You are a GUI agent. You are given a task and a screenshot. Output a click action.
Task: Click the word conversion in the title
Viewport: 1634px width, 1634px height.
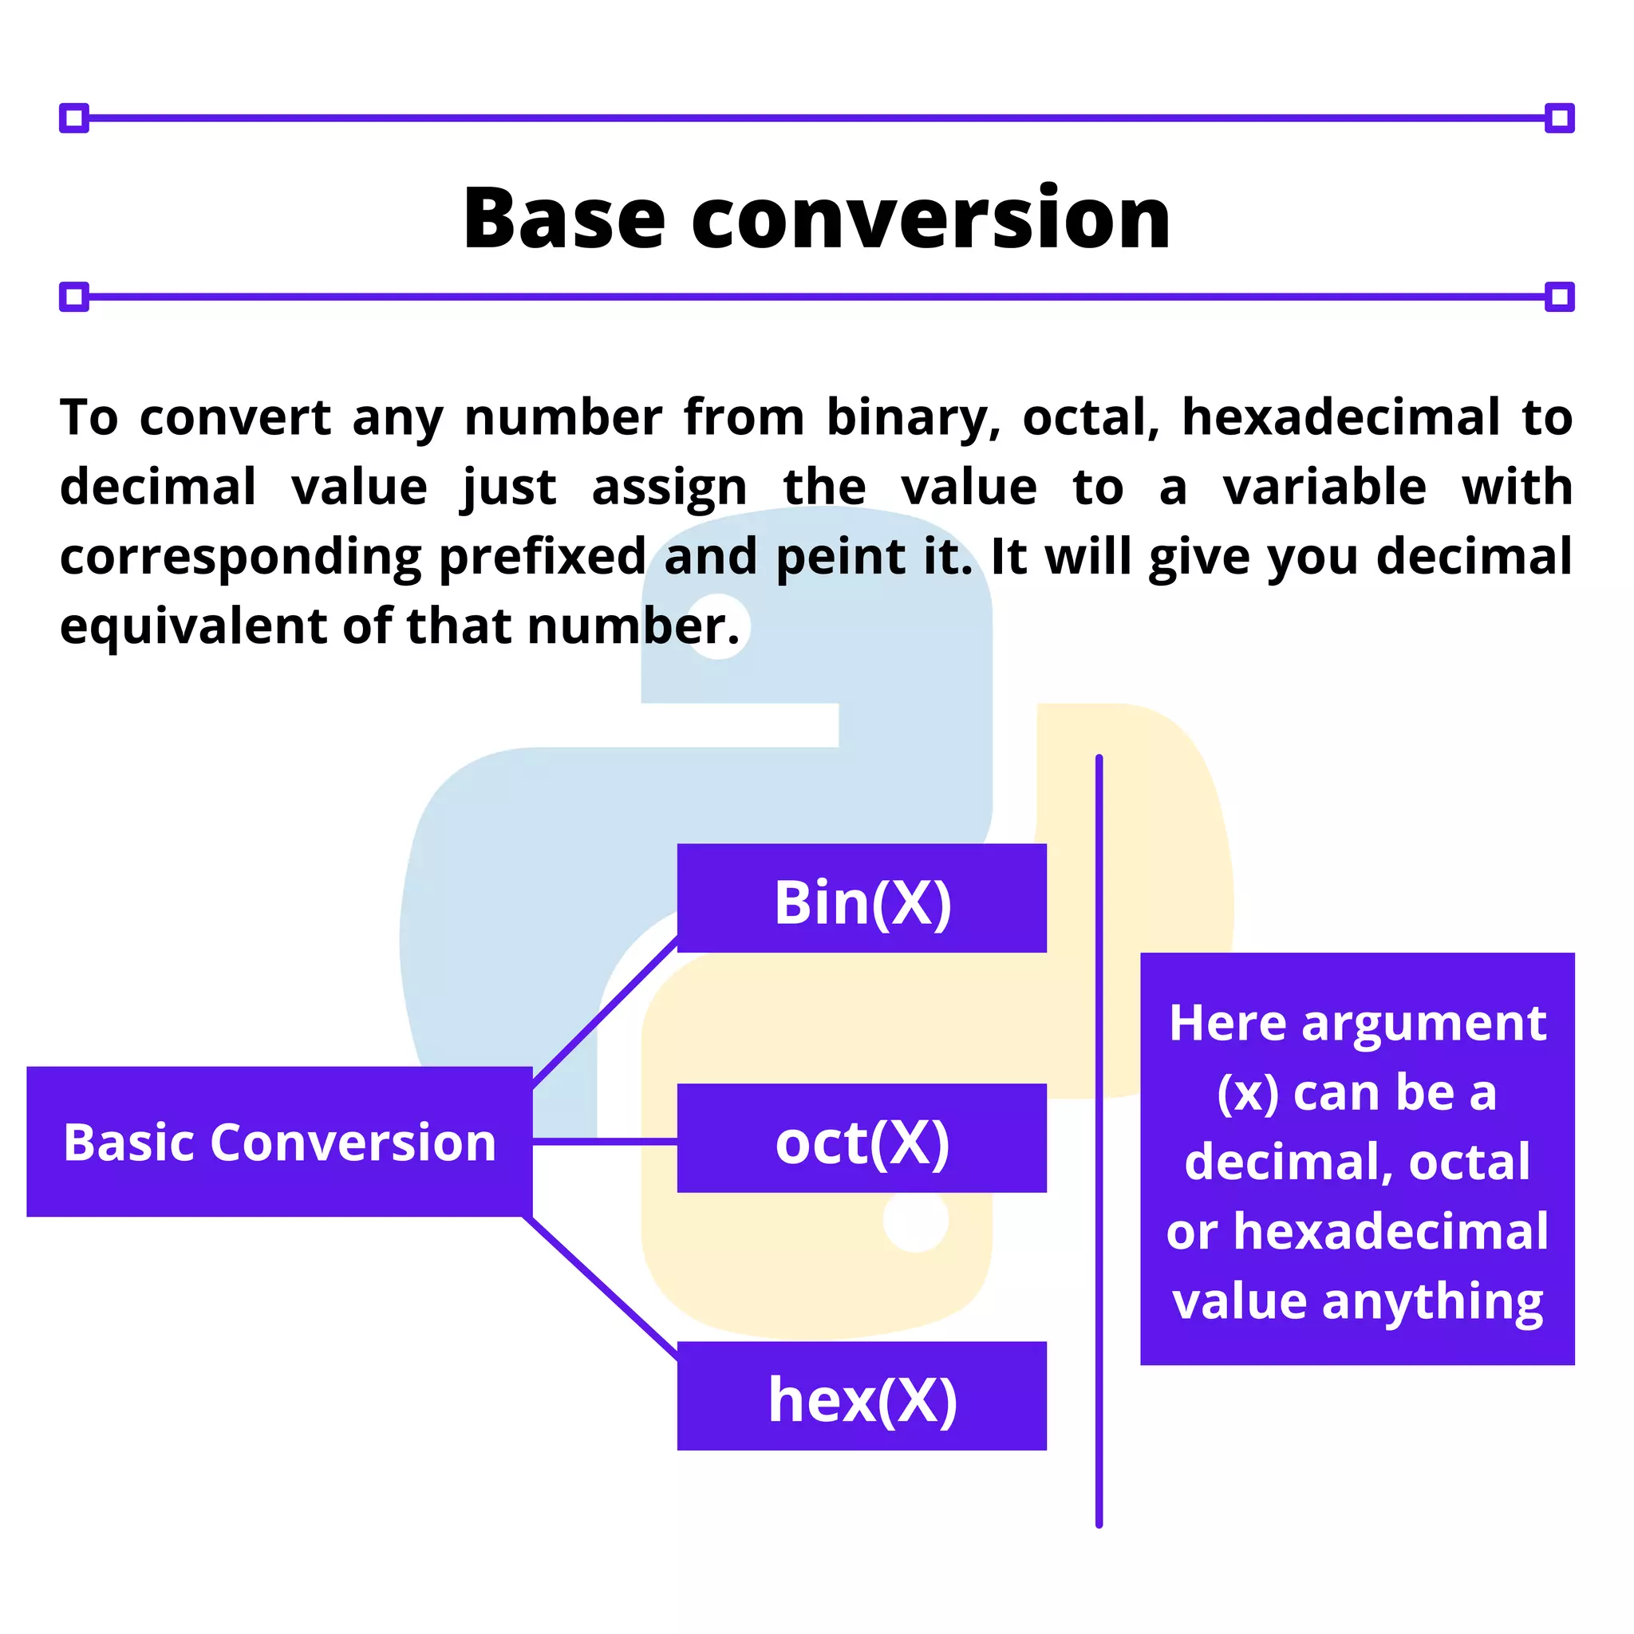930,220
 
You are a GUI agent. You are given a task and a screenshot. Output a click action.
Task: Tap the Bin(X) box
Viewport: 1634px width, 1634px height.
862,898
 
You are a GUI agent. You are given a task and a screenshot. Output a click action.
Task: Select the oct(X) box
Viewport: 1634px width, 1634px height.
862,1139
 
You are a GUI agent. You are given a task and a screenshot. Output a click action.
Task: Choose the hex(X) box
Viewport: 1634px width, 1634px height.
862,1395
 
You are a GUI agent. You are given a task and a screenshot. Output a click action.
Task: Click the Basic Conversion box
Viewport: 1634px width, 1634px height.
279,1142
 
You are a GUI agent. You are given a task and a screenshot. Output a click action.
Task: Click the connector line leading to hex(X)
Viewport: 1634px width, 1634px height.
602,1287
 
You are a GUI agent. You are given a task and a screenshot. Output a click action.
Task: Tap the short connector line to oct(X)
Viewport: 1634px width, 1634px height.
605,1142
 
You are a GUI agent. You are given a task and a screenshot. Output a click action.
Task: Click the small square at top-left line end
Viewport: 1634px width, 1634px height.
74,117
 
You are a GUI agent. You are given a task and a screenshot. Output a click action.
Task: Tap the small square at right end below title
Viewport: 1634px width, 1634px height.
1559,297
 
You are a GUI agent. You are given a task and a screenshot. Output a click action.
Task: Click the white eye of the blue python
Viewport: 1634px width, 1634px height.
718,626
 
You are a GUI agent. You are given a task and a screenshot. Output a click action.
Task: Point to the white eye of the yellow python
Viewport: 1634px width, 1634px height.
916,1219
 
